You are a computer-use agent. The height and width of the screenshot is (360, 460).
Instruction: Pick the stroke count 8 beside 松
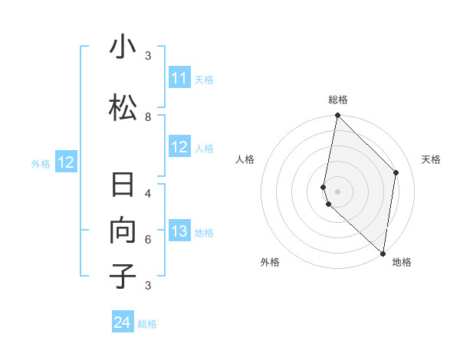point(148,117)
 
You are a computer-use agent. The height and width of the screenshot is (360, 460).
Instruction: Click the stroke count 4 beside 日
point(148,193)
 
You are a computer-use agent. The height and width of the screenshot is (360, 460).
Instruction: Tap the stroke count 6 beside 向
point(148,239)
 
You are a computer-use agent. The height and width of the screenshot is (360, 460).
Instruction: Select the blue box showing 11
point(179,78)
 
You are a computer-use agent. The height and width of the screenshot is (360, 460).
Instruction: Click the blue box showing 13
point(179,232)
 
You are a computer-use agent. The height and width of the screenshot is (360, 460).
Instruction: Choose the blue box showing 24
point(122,322)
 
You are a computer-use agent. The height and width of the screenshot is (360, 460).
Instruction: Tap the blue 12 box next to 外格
point(65,162)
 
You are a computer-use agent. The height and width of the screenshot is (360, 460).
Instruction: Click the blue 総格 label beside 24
point(147,324)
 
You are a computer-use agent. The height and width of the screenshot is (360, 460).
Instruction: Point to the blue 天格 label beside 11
point(204,79)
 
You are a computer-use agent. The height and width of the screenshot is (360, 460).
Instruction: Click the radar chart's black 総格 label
point(338,100)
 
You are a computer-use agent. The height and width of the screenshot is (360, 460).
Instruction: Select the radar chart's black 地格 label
point(402,262)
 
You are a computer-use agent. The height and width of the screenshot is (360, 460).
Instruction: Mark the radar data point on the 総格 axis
point(337,116)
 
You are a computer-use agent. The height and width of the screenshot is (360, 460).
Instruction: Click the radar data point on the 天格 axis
point(396,172)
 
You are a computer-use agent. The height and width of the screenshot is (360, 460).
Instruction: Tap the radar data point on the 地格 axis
point(383,254)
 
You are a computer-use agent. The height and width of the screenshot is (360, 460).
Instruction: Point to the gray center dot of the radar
point(337,191)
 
